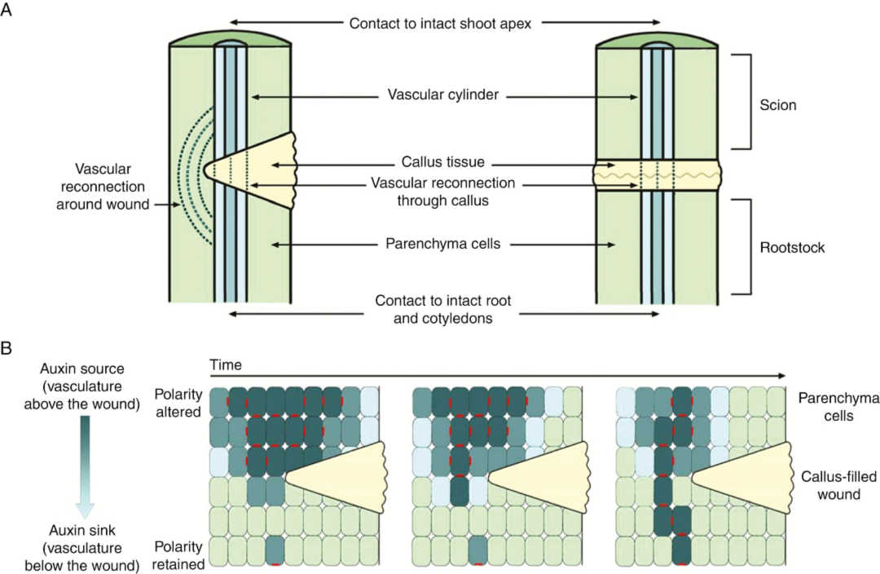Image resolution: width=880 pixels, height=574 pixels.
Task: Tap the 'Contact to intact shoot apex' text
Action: click(440, 24)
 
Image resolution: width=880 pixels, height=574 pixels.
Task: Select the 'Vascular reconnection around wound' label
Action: click(103, 187)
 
